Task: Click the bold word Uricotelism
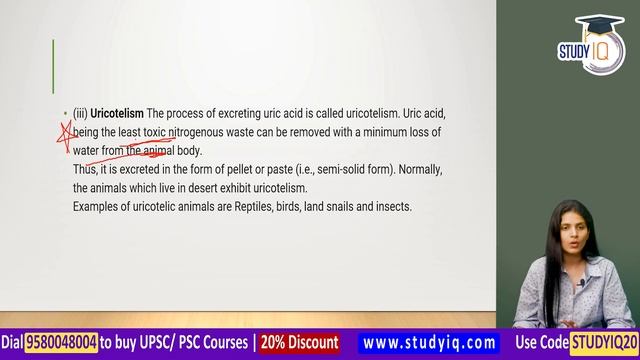pos(117,113)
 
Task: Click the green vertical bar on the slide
pos(53,66)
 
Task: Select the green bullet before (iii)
pos(65,114)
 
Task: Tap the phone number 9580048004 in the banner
pos(61,343)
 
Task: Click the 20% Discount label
pos(299,343)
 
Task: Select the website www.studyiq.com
pos(429,343)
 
